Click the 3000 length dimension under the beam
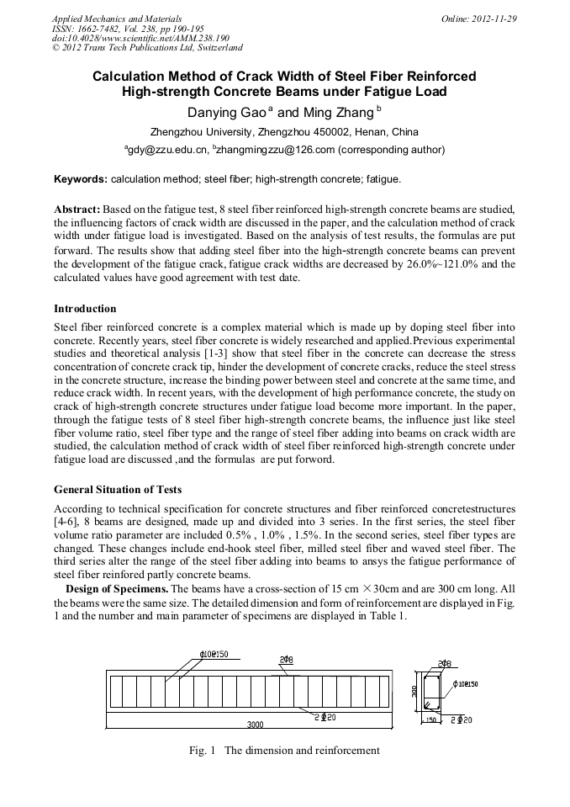click(253, 724)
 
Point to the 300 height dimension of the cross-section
click(414, 691)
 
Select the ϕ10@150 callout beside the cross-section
click(466, 684)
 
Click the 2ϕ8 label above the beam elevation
click(286, 659)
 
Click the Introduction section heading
click(85, 309)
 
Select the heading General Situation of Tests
click(118, 489)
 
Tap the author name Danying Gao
click(224, 112)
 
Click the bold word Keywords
click(81, 179)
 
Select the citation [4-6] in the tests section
click(66, 523)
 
